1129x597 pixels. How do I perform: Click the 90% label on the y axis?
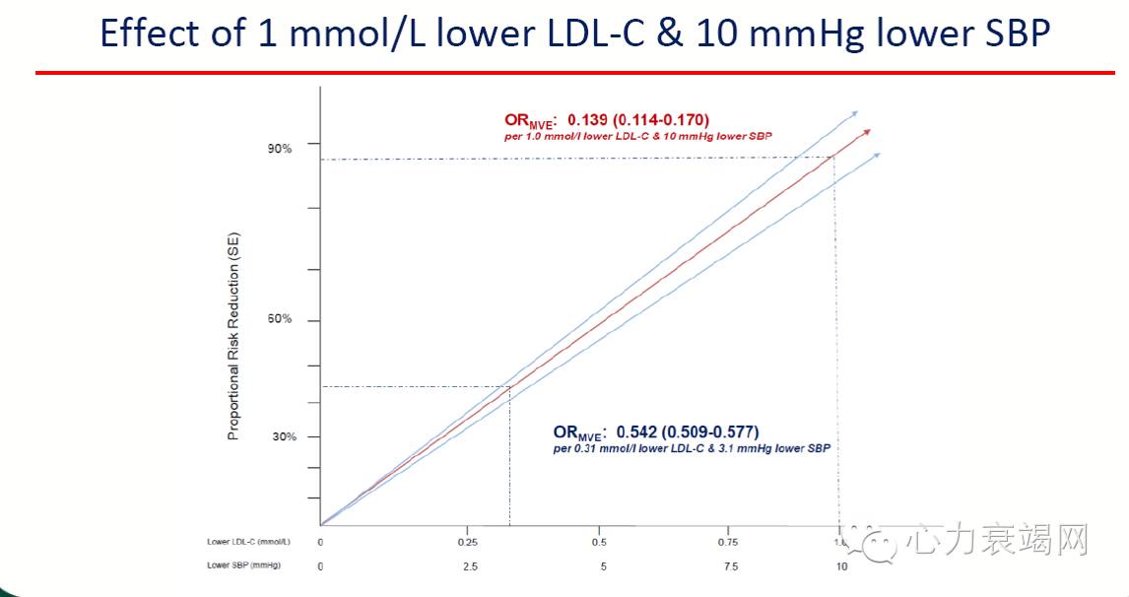280,149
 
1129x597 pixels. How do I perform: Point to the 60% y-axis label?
280,320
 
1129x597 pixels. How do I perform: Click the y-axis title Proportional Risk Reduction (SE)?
234,336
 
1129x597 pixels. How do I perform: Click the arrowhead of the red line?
867,132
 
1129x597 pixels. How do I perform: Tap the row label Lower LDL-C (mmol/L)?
242,543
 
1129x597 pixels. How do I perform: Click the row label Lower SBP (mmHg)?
242,565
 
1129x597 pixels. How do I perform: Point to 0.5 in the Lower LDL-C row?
599,543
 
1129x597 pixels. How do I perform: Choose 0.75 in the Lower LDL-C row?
728,543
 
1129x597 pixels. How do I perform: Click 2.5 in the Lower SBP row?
470,566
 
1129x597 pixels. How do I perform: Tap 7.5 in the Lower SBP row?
730,566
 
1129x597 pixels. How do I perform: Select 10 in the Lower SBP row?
841,566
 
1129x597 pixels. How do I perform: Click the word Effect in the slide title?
150,34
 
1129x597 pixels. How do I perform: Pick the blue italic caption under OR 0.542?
691,448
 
